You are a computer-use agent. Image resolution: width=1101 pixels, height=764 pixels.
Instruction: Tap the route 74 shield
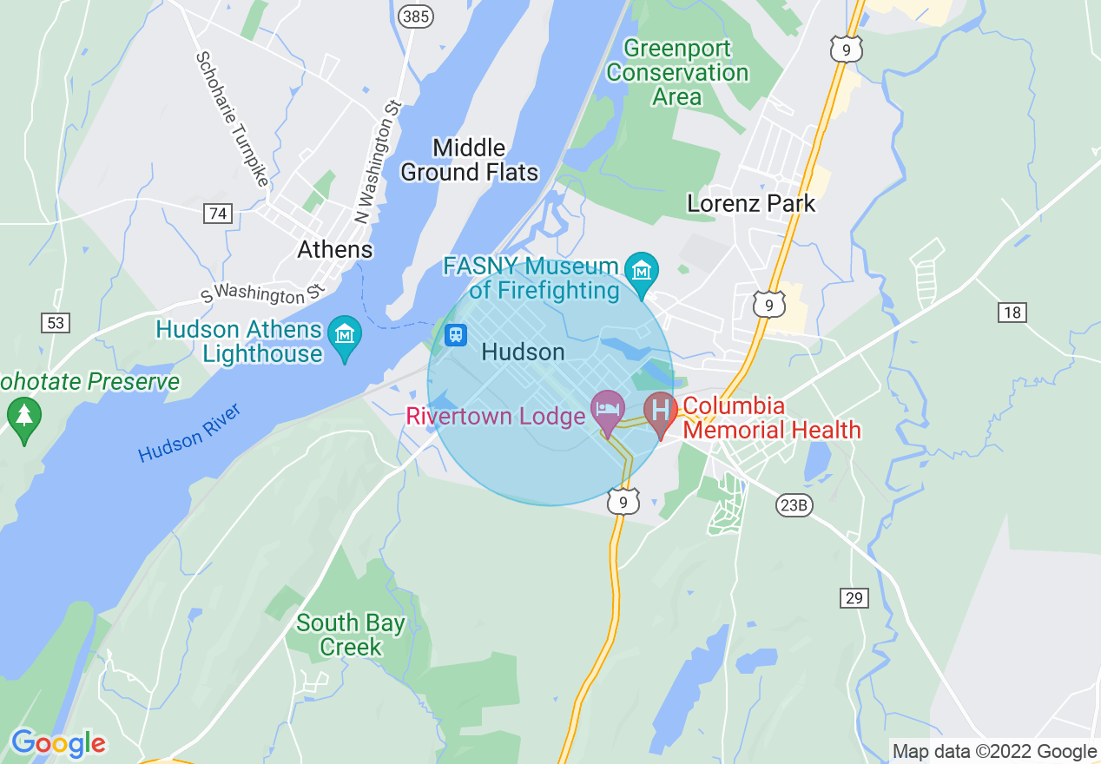click(x=218, y=213)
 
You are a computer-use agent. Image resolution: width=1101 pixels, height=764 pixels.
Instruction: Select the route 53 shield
click(x=55, y=323)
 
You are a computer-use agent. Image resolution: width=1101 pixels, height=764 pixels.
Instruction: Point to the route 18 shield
click(x=1012, y=313)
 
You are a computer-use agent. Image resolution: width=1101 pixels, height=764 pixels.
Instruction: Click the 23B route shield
click(x=794, y=505)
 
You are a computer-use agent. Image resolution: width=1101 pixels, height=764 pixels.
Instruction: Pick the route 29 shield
click(x=854, y=597)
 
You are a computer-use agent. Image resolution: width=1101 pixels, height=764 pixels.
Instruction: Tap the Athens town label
click(x=334, y=250)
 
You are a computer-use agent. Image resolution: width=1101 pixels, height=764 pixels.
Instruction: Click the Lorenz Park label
click(x=751, y=204)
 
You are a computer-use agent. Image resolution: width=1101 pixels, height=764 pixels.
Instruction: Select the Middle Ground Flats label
click(x=469, y=160)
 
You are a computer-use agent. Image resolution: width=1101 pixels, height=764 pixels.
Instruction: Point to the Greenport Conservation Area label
click(x=677, y=72)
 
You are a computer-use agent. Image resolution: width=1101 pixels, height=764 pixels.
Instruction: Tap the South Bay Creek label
click(x=350, y=635)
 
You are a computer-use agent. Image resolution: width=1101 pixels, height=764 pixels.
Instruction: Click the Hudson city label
click(x=523, y=352)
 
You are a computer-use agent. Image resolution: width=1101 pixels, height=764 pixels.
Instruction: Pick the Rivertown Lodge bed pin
click(x=607, y=409)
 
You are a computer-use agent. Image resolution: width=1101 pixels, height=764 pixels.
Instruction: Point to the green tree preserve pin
click(x=23, y=417)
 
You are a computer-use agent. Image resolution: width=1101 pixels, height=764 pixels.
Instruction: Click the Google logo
click(x=58, y=742)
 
